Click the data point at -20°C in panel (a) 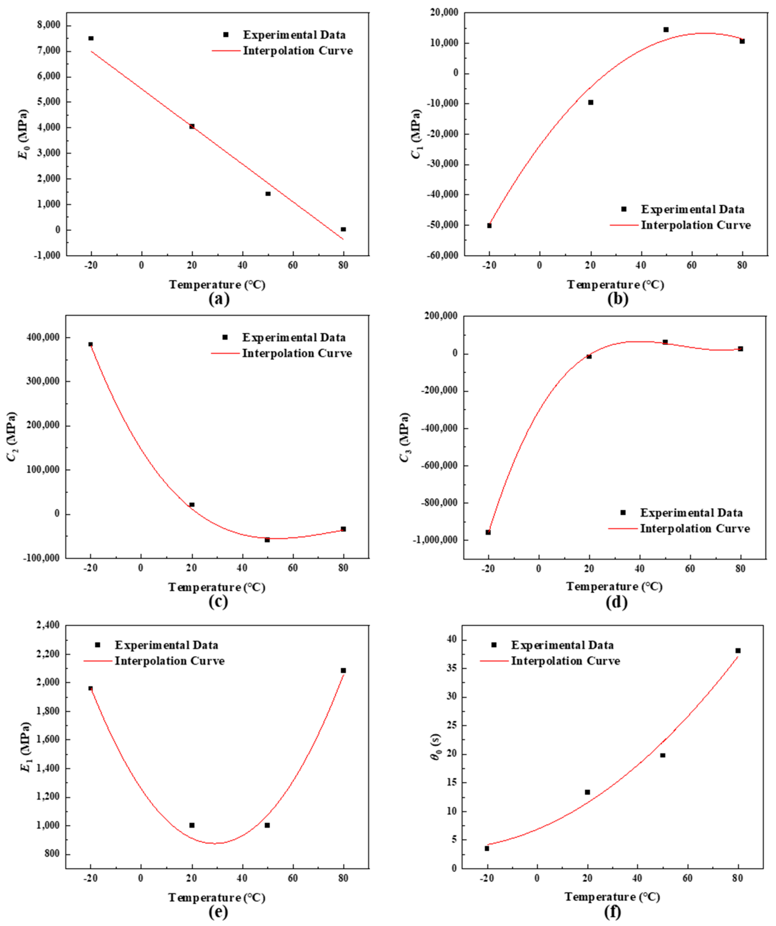(x=91, y=38)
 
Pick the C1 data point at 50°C (x=666, y=30)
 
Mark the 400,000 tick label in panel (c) (x=42, y=338)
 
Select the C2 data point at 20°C (x=192, y=504)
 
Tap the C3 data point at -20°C (x=488, y=532)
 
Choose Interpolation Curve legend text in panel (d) (x=695, y=529)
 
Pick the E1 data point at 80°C (x=343, y=670)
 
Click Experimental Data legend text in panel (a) (x=294, y=35)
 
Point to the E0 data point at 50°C (x=268, y=194)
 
